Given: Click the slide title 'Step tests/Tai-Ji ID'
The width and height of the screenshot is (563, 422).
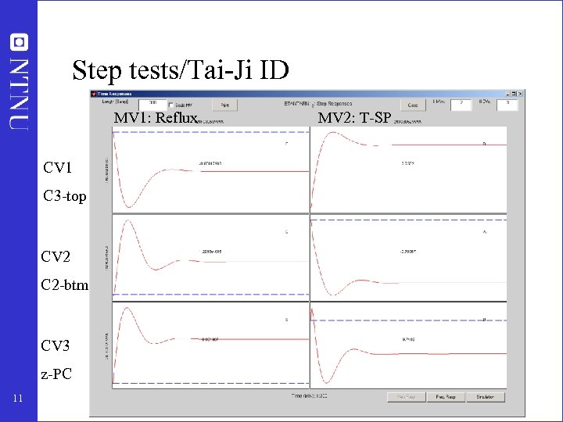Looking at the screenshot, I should (180, 71).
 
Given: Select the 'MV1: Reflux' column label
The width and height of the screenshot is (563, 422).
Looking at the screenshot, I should (157, 119).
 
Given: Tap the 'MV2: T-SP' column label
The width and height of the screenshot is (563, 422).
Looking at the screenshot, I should (355, 119).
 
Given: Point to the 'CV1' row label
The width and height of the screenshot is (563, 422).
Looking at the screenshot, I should (58, 167).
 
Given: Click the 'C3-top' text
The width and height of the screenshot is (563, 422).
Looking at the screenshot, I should (65, 196).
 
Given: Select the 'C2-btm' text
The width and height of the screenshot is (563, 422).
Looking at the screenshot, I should (66, 285).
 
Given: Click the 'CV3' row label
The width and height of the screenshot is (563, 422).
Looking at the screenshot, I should (58, 345).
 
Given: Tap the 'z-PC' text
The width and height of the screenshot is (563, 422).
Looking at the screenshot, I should (58, 374).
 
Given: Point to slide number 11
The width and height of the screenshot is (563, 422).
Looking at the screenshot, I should (18, 401).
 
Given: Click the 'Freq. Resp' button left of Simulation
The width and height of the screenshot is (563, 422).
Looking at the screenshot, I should (446, 397).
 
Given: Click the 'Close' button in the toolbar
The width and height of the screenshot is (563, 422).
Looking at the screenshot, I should (413, 104).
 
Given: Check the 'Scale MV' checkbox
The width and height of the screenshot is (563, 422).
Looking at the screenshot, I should (171, 104).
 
